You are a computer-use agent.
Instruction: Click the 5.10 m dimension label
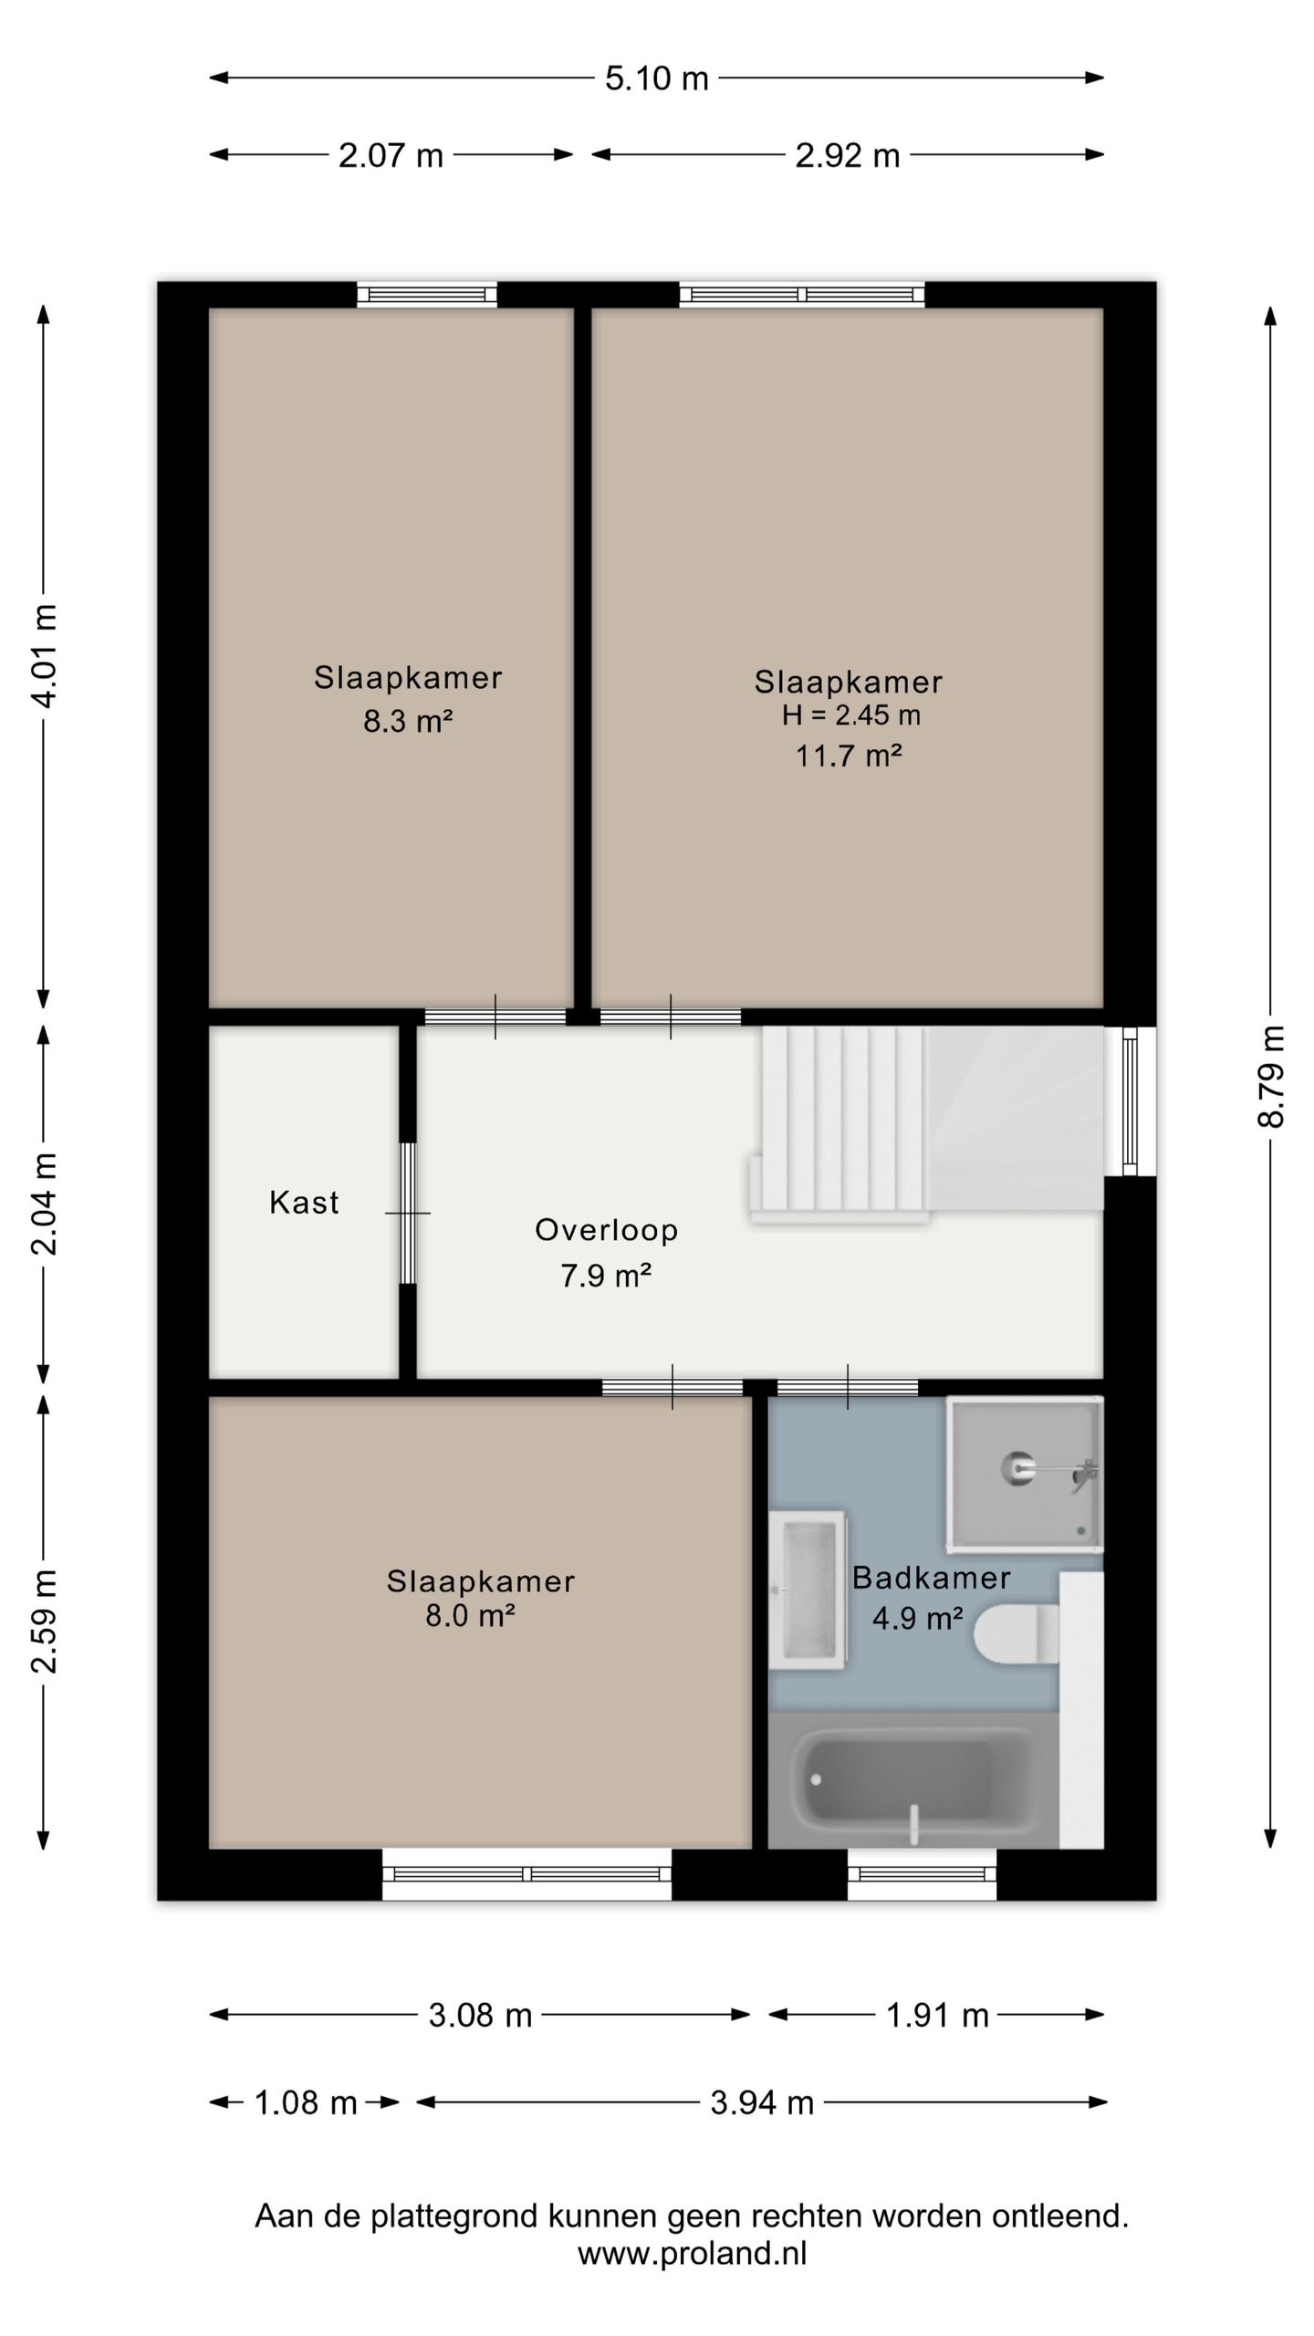656,78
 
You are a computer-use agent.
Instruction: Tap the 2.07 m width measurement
391,156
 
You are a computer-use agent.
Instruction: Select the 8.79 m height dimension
1270,1077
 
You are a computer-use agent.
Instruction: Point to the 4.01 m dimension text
44,655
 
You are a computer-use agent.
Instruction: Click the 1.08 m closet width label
305,2102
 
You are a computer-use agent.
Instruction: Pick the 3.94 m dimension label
762,2102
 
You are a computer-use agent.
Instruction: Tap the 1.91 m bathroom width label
937,2015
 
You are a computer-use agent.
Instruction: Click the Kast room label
304,1203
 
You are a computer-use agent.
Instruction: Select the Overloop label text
606,1230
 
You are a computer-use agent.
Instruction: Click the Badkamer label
931,1578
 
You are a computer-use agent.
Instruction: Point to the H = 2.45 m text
850,715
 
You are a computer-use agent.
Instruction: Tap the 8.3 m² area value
408,722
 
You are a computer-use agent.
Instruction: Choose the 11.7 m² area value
849,756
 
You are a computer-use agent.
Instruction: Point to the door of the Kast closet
408,1214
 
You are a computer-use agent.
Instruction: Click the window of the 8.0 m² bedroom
527,1874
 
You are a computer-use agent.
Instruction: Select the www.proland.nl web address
692,2254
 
